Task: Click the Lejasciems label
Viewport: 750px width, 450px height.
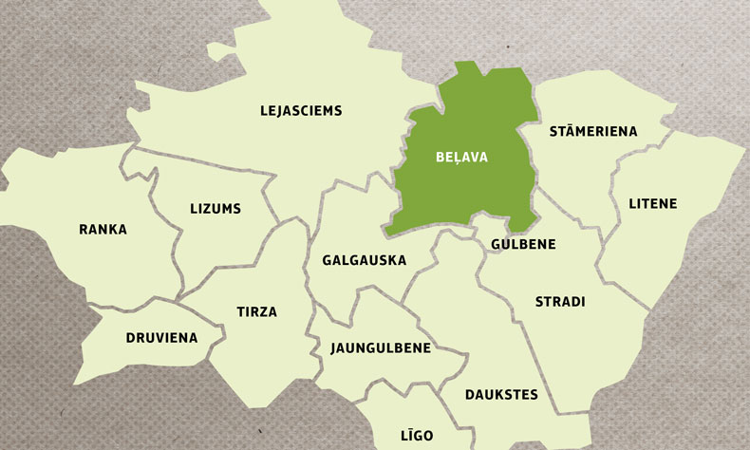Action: (x=301, y=111)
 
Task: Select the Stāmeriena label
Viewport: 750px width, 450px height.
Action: (x=593, y=131)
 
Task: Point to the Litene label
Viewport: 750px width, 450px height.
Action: (x=653, y=204)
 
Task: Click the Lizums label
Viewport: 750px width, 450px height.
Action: (x=216, y=209)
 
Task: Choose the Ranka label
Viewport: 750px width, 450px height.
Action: (x=103, y=230)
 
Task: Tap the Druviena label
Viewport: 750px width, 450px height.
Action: (x=161, y=338)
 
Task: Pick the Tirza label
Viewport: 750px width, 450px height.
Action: (x=256, y=312)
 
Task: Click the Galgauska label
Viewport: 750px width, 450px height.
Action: (x=364, y=260)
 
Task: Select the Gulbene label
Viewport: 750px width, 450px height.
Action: (x=523, y=244)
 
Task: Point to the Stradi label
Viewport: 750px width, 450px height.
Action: (x=560, y=302)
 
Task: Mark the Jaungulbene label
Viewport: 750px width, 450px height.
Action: (x=381, y=348)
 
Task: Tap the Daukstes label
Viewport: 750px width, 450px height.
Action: (x=501, y=394)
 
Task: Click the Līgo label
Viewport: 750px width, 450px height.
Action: (x=417, y=436)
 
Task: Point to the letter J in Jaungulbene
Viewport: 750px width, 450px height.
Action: (x=335, y=348)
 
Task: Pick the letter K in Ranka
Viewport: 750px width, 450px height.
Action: (x=113, y=230)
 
